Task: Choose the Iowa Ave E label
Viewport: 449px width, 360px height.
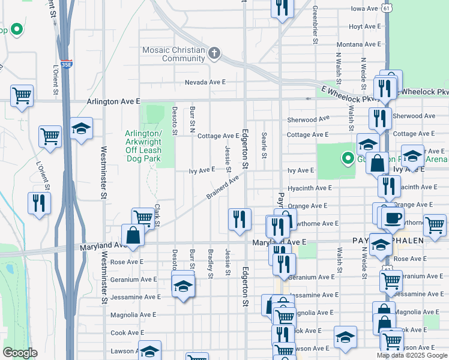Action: pyautogui.click(x=366, y=9)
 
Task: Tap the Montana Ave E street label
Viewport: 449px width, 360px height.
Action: pyautogui.click(x=358, y=44)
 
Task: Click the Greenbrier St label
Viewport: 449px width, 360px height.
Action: pyautogui.click(x=315, y=25)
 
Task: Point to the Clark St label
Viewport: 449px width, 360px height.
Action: pyautogui.click(x=157, y=215)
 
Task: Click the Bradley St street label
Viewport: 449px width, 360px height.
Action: pyautogui.click(x=211, y=263)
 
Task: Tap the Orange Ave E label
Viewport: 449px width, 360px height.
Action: pyautogui.click(x=307, y=206)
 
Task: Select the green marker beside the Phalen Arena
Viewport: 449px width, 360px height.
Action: pyautogui.click(x=347, y=159)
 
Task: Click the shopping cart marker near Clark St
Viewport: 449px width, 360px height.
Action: pyautogui.click(x=143, y=217)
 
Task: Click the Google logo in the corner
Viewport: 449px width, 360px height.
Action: pyautogui.click(x=20, y=353)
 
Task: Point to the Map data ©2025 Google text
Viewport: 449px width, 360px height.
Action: pyautogui.click(x=411, y=355)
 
